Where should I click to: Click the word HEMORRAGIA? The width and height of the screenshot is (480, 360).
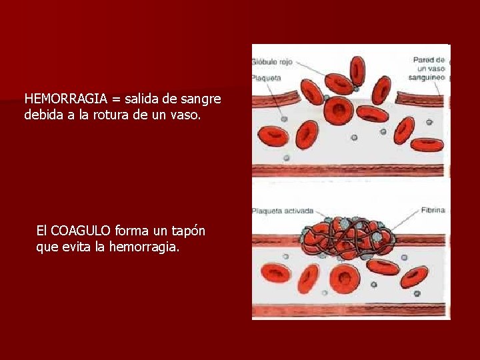(x=65, y=99)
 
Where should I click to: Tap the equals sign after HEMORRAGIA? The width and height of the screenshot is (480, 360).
(x=115, y=99)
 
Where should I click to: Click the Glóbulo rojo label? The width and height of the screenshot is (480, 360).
(x=273, y=62)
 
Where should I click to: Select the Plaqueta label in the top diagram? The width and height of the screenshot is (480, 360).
(x=266, y=78)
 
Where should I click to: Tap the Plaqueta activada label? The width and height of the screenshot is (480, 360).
(x=282, y=211)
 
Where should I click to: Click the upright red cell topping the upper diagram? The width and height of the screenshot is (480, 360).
(x=357, y=70)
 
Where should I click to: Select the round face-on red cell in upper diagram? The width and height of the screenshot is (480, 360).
(x=339, y=109)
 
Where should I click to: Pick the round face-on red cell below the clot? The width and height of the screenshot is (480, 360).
(x=344, y=279)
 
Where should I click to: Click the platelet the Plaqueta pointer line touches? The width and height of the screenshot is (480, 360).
(x=357, y=88)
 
